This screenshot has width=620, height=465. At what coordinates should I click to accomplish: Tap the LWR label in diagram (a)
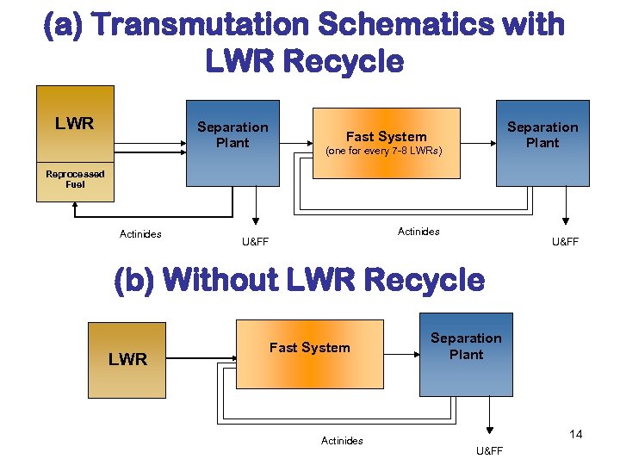(x=74, y=123)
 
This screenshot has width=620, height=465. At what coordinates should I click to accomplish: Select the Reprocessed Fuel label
(x=75, y=179)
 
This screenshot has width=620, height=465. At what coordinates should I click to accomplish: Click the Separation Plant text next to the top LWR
(x=232, y=135)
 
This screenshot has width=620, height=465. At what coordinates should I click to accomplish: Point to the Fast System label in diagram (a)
(x=386, y=136)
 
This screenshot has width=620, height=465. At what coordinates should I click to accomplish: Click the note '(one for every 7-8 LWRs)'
(x=383, y=152)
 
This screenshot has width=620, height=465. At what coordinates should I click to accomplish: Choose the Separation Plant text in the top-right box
(x=542, y=135)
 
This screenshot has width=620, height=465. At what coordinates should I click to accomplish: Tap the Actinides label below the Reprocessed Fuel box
(x=140, y=234)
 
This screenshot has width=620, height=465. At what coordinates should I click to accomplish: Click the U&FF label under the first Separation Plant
(x=255, y=242)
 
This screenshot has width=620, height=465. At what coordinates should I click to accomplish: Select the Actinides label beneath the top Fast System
(x=418, y=231)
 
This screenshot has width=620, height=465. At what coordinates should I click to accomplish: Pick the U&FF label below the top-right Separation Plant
(x=565, y=242)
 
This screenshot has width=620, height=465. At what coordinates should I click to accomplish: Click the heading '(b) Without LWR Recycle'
(x=300, y=280)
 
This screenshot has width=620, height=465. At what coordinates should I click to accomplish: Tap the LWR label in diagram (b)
(x=127, y=359)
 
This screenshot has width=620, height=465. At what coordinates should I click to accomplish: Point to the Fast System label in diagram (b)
(x=310, y=348)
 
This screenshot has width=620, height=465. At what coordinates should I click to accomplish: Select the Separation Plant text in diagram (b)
(x=466, y=346)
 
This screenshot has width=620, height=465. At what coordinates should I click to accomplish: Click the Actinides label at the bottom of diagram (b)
(x=342, y=441)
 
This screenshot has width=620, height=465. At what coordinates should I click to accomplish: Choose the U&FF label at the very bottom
(x=489, y=451)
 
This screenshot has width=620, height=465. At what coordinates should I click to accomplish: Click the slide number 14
(x=576, y=434)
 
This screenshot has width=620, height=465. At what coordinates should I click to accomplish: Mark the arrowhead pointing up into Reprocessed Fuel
(x=75, y=207)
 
